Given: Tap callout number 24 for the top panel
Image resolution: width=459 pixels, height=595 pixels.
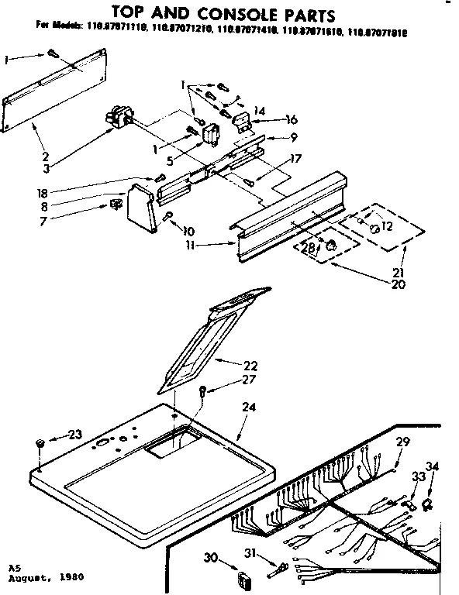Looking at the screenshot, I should click(248, 406).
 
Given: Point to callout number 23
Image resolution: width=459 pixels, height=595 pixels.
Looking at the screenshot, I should click(74, 435).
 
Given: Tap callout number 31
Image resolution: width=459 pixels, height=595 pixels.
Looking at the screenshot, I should click(249, 552).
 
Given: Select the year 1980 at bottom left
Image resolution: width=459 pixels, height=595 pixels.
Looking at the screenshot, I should click(71, 578).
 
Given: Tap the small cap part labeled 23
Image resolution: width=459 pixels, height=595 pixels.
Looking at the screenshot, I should click(40, 442).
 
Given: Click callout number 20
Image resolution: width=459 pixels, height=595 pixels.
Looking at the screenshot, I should click(399, 284).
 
